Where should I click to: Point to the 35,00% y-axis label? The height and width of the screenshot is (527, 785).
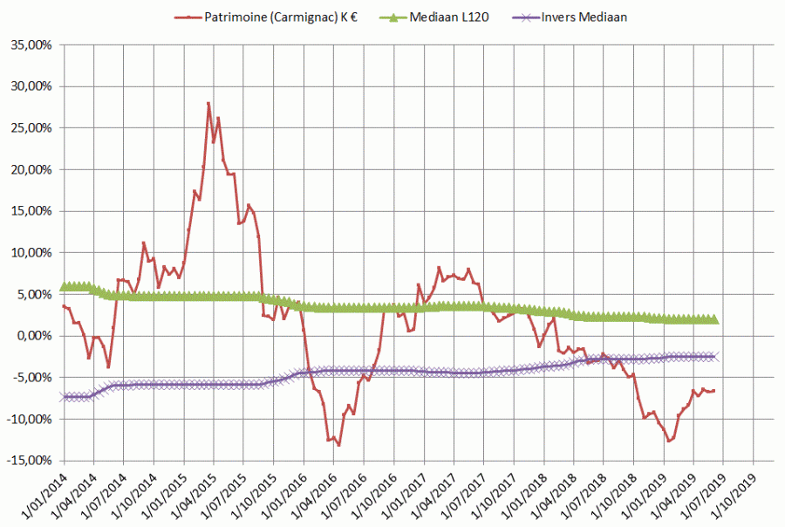(29, 44)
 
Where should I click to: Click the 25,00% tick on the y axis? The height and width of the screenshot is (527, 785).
(29, 127)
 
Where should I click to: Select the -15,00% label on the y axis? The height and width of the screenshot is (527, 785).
(27, 461)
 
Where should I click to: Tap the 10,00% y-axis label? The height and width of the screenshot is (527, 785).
(29, 252)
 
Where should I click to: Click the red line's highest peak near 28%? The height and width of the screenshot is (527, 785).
(208, 103)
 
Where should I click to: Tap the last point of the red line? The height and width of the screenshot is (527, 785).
(714, 390)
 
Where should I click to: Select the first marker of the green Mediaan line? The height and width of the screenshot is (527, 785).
(63, 286)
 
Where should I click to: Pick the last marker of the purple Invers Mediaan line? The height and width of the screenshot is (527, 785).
(714, 356)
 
